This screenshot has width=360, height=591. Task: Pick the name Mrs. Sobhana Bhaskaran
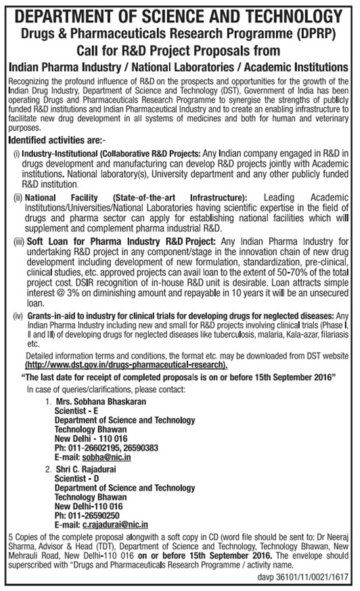pyautogui.click(x=101, y=401)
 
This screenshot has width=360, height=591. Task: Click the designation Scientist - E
pyautogui.click(x=76, y=410)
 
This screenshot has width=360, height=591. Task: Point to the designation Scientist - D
pyautogui.click(x=76, y=477)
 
